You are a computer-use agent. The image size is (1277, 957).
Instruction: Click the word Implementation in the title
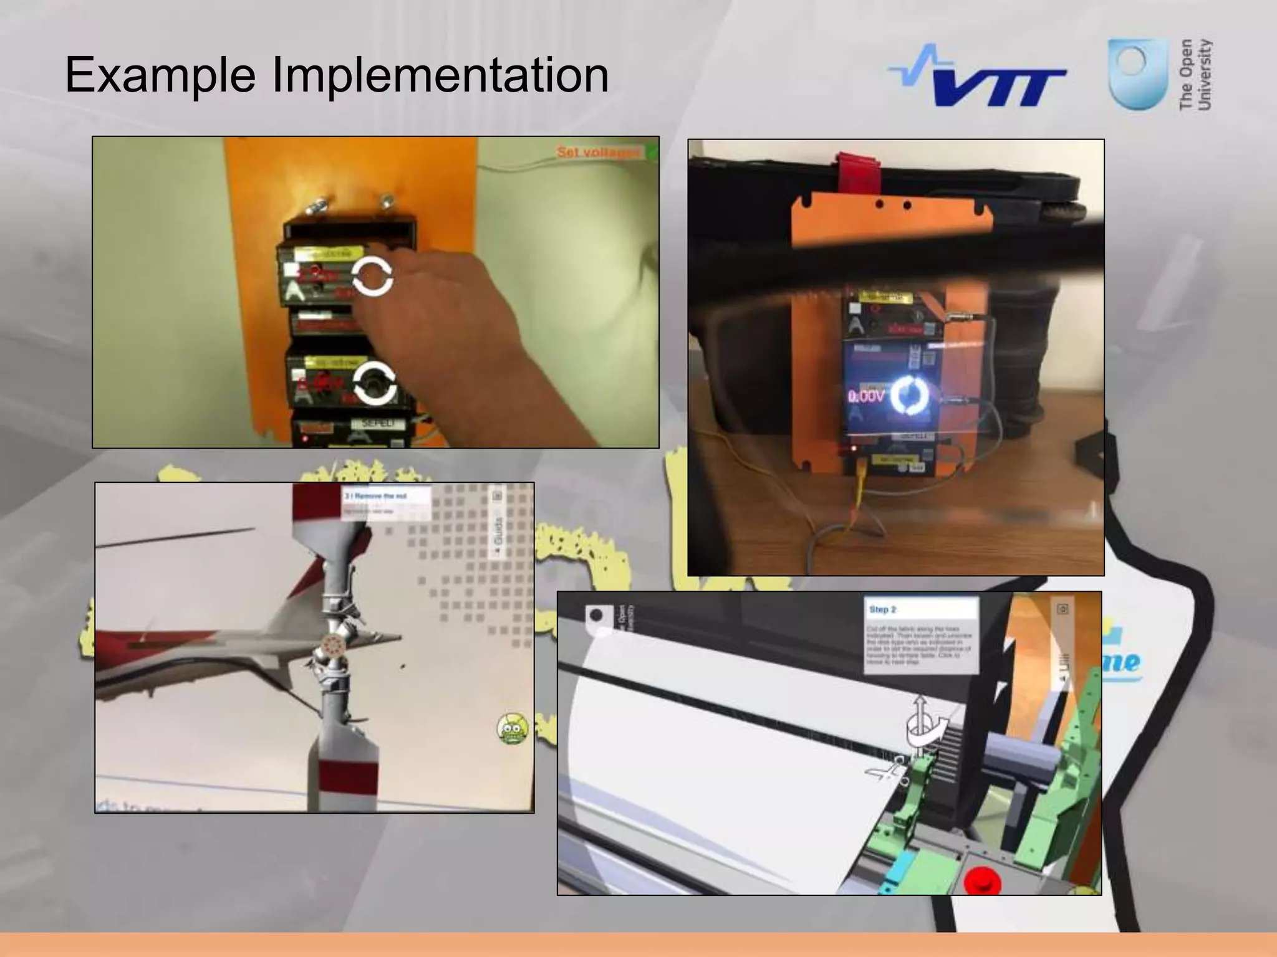click(440, 75)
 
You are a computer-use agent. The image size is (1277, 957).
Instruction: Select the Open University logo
click(1160, 75)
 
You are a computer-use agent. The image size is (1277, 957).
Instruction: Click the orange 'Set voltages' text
click(598, 152)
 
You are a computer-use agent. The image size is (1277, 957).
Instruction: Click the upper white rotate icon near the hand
click(372, 276)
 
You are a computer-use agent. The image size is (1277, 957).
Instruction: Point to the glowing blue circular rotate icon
click(911, 395)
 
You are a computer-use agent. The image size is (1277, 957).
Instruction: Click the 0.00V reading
click(866, 396)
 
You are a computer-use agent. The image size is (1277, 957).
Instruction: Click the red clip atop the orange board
click(859, 169)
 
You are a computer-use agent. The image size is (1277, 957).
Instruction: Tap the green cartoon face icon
click(513, 728)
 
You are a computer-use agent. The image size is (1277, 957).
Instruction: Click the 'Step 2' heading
click(883, 609)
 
